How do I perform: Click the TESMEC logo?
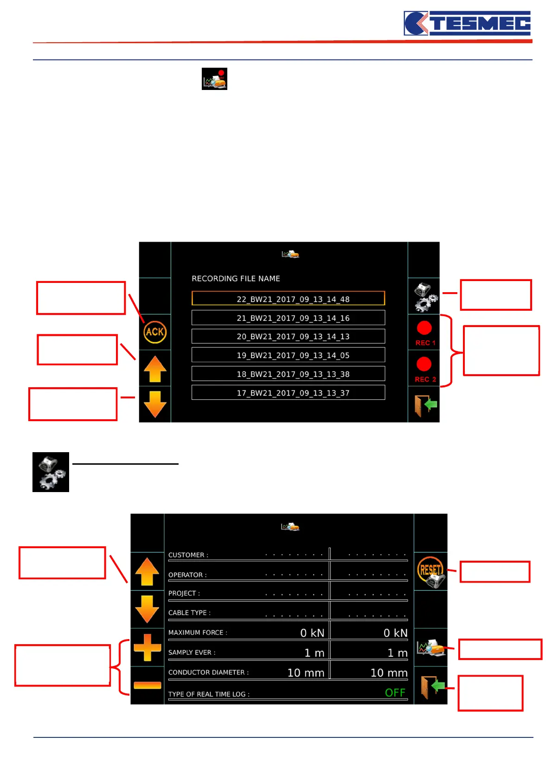[467, 24]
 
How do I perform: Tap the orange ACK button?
[155, 332]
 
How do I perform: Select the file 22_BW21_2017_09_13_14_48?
[288, 299]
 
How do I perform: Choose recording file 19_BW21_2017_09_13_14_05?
[288, 355]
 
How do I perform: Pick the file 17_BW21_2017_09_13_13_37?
[288, 393]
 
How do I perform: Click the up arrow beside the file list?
[155, 369]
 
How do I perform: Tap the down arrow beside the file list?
[155, 404]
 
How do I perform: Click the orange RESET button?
[430, 571]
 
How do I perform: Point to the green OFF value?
[395, 693]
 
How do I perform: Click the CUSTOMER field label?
[188, 555]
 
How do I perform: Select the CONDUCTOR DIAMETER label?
[208, 672]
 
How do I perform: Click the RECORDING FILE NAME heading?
[236, 279]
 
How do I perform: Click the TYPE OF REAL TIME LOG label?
[209, 694]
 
